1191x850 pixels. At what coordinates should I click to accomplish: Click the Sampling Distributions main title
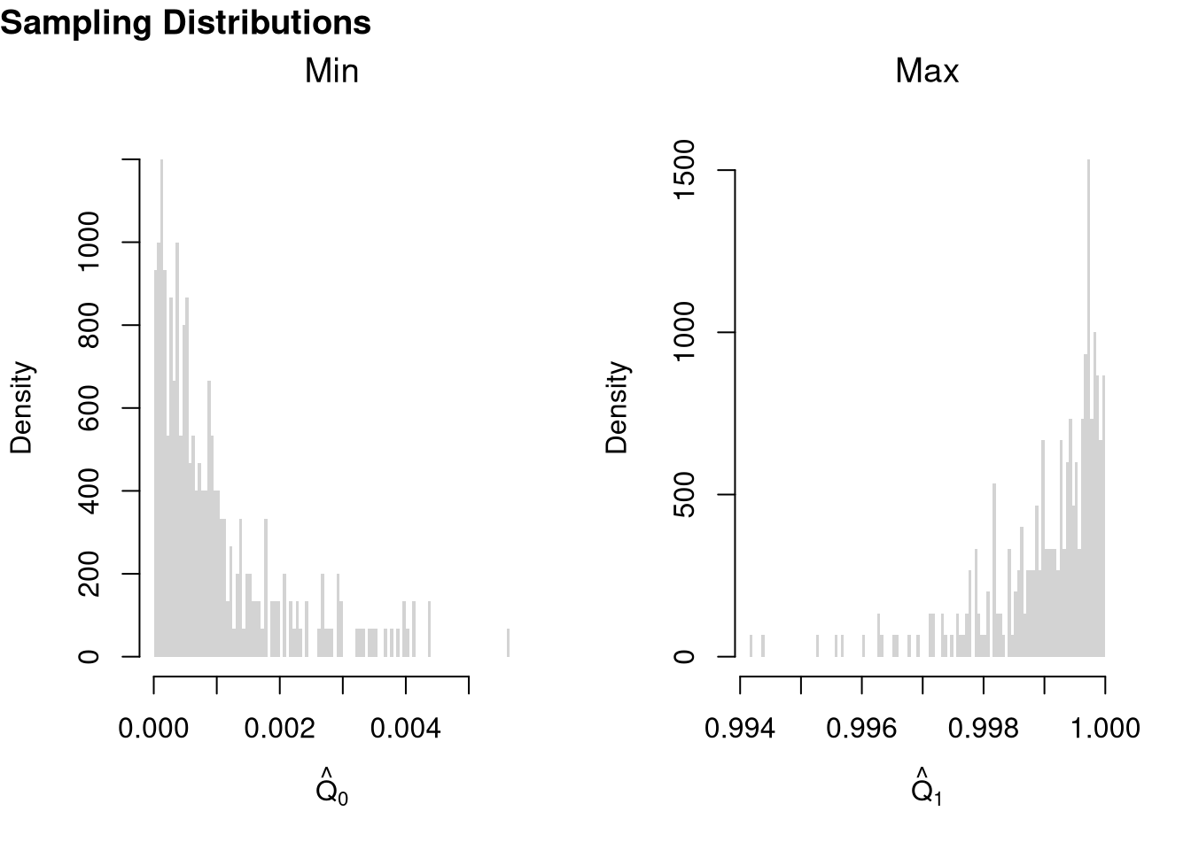click(x=185, y=23)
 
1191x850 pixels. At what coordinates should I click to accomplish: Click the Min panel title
click(x=331, y=71)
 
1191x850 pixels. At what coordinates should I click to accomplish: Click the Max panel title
click(x=927, y=71)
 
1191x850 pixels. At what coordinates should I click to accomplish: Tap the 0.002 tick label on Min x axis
click(x=280, y=729)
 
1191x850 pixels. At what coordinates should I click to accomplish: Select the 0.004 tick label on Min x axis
click(x=406, y=729)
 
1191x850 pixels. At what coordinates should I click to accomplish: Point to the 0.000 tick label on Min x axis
click(x=154, y=729)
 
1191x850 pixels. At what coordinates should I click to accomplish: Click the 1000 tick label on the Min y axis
click(x=90, y=242)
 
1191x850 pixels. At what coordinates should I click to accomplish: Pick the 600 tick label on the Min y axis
click(x=90, y=408)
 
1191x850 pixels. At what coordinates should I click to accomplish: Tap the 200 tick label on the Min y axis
click(x=90, y=574)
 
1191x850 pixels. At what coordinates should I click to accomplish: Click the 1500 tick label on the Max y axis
click(x=685, y=169)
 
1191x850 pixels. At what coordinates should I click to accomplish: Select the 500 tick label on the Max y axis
click(x=685, y=494)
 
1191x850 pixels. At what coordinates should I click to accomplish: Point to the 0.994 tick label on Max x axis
click(x=740, y=729)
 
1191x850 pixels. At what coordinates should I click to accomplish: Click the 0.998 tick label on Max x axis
click(x=983, y=729)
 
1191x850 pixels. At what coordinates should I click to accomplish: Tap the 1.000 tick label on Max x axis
click(x=1104, y=729)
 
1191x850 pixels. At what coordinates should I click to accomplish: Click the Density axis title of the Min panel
click(x=21, y=407)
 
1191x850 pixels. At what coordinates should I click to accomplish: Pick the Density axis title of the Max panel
click(x=617, y=407)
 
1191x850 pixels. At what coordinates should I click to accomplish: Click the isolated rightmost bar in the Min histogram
click(x=508, y=643)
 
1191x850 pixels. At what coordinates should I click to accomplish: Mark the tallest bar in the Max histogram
click(x=1088, y=407)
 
